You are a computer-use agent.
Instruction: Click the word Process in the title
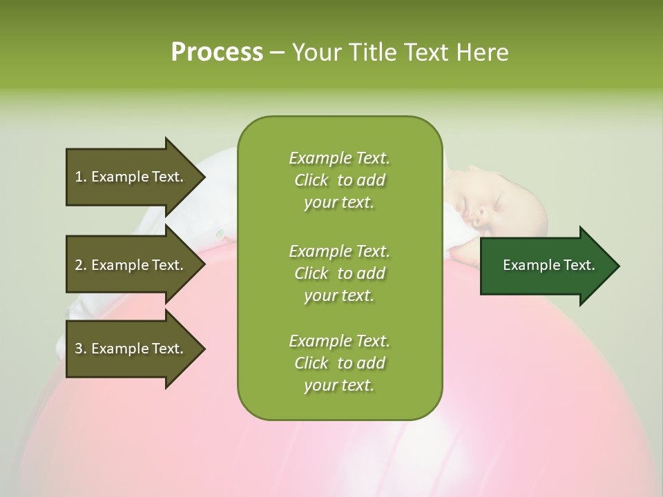[x=217, y=52]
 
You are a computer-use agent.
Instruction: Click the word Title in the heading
[x=369, y=52]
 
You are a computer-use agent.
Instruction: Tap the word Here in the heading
[x=482, y=52]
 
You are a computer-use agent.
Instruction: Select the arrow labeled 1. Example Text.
[x=131, y=177]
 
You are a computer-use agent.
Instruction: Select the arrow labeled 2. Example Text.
[x=131, y=265]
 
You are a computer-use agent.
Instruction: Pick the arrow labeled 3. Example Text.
[x=131, y=349]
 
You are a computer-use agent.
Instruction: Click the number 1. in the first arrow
[x=81, y=177]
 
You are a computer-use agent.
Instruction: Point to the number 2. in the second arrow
[x=81, y=265]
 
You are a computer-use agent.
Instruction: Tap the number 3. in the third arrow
[x=81, y=349]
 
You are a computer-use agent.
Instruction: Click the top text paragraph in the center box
[x=339, y=180]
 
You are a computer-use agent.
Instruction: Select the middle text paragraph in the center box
[x=339, y=273]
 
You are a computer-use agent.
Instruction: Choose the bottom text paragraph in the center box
[x=339, y=363]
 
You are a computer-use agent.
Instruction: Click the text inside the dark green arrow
[x=549, y=265]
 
